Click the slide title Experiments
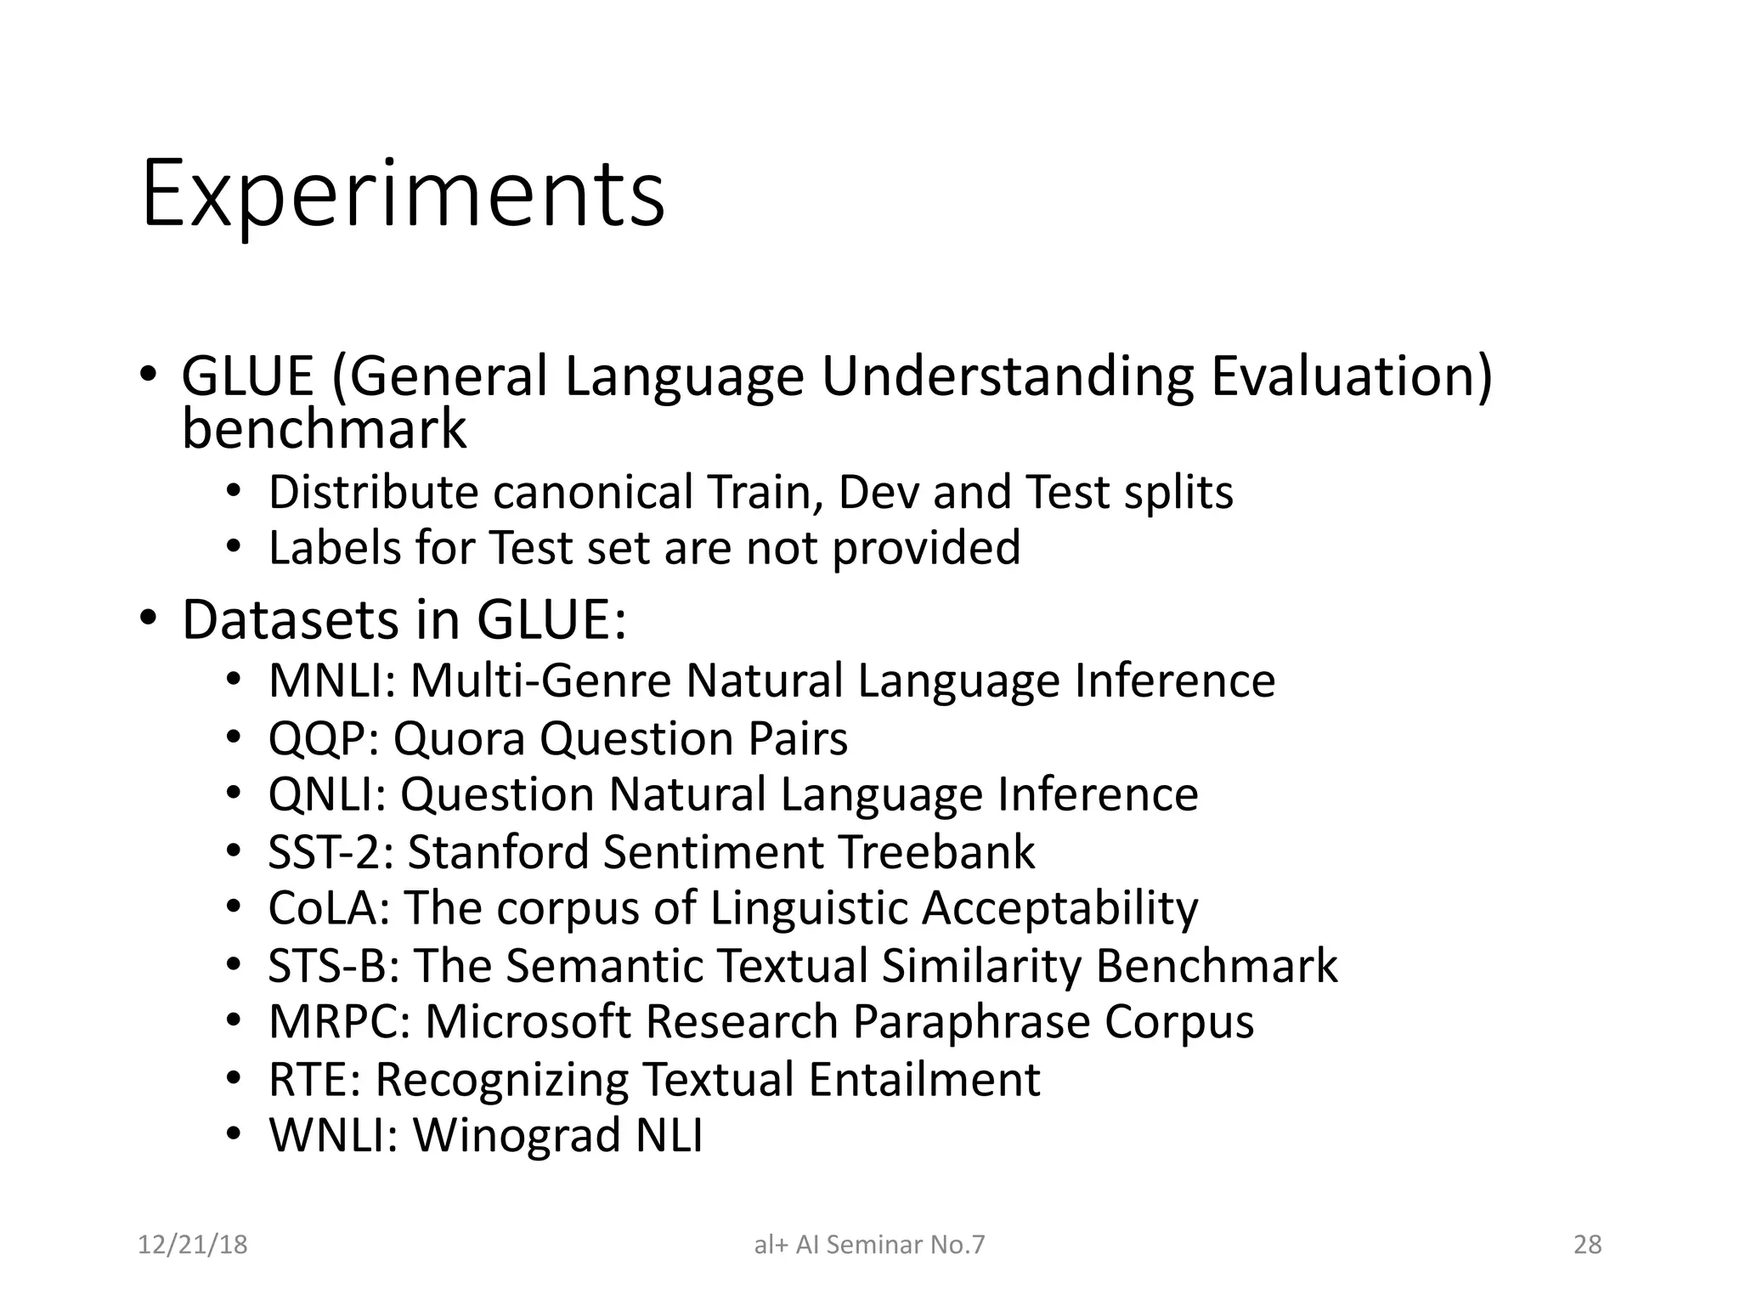click(x=403, y=195)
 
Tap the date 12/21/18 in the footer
click(x=192, y=1245)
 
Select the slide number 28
click(x=1587, y=1245)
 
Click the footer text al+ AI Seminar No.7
click(x=869, y=1245)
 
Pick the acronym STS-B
click(x=335, y=966)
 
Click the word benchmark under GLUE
click(x=324, y=429)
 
